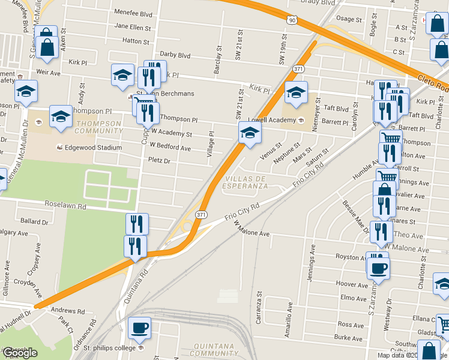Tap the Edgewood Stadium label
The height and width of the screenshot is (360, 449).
click(92, 148)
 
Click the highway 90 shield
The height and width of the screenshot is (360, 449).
click(292, 20)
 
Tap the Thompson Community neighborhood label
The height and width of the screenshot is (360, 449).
click(98, 127)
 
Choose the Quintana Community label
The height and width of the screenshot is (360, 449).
click(218, 350)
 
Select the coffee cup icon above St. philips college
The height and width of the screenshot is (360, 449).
click(139, 328)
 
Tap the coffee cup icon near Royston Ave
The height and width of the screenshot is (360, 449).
click(378, 268)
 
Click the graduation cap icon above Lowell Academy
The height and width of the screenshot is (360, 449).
click(296, 93)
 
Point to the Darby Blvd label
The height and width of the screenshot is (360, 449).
click(175, 55)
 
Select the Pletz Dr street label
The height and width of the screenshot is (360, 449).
click(160, 161)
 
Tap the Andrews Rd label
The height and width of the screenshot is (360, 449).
click(68, 311)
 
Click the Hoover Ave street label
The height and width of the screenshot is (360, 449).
click(352, 284)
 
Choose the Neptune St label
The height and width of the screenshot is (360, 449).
click(286, 154)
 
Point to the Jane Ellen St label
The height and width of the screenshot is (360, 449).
click(132, 26)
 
